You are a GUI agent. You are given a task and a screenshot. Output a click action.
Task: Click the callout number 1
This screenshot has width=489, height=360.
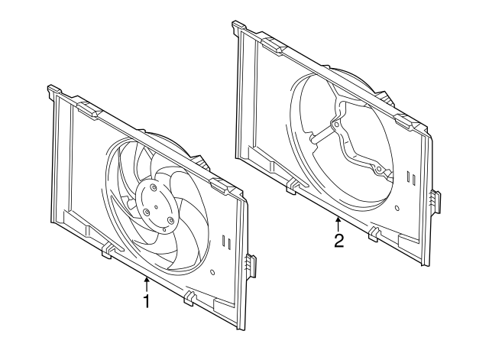point(146,302)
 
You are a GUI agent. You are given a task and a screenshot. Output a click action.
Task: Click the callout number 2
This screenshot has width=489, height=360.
point(338,242)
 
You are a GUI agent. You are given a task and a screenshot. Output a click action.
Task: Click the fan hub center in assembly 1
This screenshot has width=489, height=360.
point(154,203)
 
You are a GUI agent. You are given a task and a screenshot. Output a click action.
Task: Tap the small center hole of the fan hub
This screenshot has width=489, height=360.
point(155,204)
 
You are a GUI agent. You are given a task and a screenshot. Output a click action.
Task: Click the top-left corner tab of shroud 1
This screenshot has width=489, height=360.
point(53,91)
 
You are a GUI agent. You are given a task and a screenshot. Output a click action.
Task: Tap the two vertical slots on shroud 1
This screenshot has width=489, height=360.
point(225,243)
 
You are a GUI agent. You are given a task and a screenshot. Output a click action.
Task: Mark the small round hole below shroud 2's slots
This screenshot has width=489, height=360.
point(398,207)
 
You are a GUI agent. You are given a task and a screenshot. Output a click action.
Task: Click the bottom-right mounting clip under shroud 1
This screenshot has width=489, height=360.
point(188,297)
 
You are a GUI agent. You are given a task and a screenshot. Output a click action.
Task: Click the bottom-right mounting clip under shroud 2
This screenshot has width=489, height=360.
point(374,234)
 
